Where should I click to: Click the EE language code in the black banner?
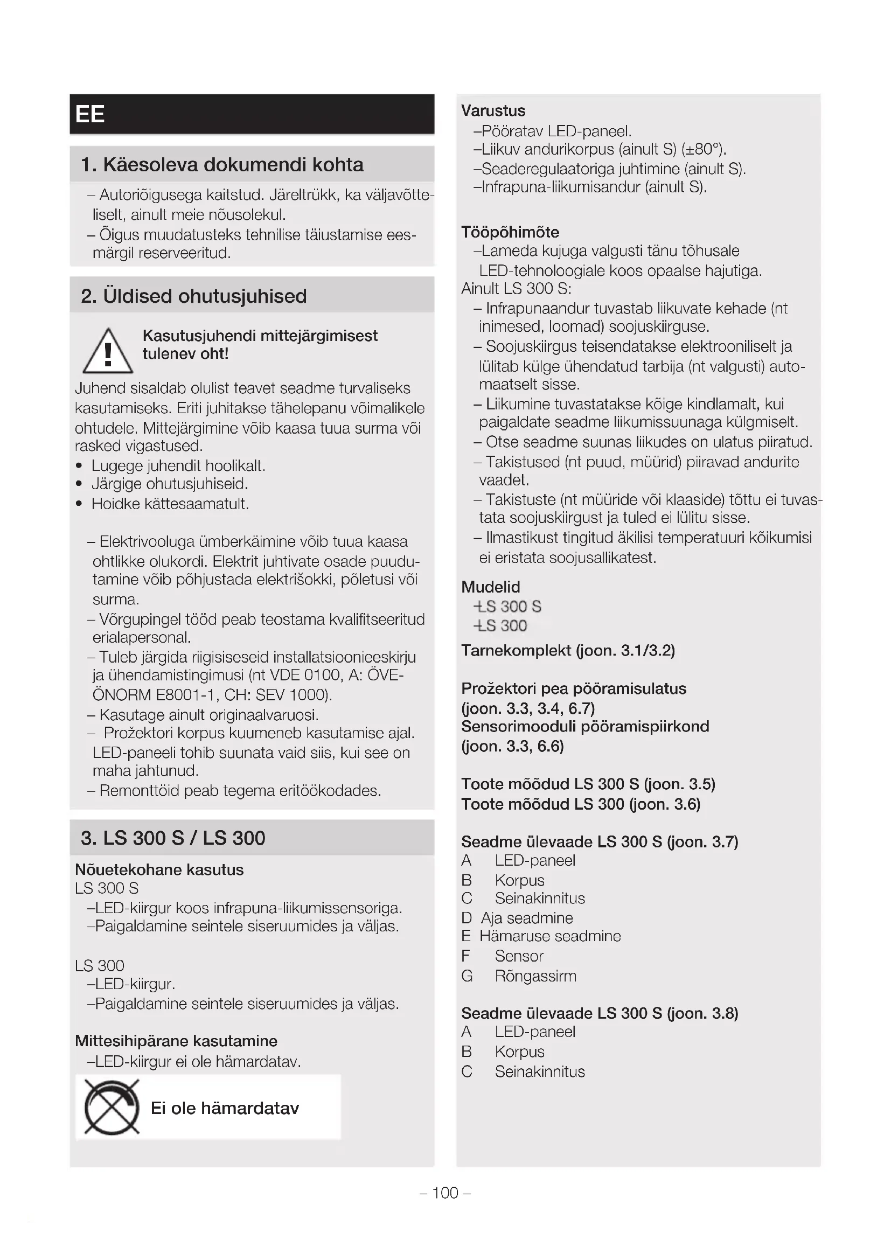click(x=90, y=114)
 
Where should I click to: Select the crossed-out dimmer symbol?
click(x=112, y=1108)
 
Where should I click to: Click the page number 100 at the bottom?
click(x=445, y=1193)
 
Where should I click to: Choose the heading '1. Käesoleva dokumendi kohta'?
click(x=221, y=165)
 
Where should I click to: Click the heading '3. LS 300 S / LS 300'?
click(x=173, y=838)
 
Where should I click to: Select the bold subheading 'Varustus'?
click(x=493, y=111)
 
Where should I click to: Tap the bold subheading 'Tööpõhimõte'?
click(x=510, y=232)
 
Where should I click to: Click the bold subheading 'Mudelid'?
click(x=491, y=587)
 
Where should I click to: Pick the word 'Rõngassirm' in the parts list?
click(x=535, y=976)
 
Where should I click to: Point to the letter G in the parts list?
click(x=467, y=976)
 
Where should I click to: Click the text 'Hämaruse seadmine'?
click(x=550, y=936)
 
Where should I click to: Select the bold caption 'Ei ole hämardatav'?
click(x=225, y=1108)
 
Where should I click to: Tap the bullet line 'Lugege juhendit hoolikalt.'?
click(x=178, y=466)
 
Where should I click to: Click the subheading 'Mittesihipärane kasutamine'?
click(x=176, y=1041)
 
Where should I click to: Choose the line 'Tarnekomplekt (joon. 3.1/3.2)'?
click(x=568, y=651)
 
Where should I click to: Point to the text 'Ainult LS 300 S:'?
click(x=516, y=289)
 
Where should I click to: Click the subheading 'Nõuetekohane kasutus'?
click(x=159, y=870)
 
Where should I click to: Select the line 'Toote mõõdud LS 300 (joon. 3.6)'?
click(x=581, y=804)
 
